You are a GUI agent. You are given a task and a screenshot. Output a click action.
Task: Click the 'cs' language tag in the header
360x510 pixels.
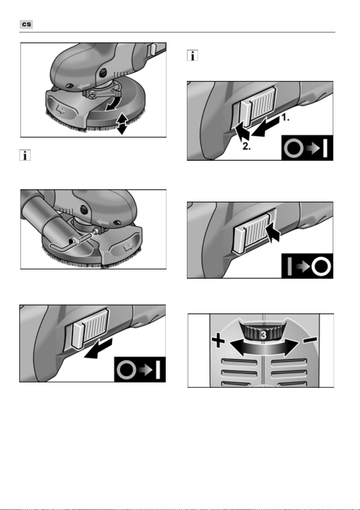[26, 24]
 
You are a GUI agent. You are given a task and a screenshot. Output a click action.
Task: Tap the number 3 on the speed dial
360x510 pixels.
[264, 335]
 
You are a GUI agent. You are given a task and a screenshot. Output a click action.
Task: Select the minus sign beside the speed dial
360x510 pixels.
[310, 340]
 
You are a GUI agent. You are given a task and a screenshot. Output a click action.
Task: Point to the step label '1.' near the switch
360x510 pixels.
[286, 118]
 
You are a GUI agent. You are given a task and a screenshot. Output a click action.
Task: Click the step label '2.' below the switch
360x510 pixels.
[246, 146]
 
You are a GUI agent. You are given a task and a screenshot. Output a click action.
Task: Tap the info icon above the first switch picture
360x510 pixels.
[192, 56]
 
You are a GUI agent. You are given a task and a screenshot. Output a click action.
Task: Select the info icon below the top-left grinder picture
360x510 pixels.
[25, 155]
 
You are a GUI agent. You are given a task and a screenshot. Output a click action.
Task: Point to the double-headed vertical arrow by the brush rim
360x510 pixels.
[122, 124]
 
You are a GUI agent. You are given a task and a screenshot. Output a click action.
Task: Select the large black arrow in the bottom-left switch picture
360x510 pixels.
[99, 348]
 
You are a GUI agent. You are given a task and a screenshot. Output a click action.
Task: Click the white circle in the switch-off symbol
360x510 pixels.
[321, 266]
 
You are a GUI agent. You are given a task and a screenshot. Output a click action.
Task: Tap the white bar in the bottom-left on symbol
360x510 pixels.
[158, 370]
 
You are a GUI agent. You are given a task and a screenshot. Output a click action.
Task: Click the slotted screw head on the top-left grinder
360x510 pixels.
[103, 72]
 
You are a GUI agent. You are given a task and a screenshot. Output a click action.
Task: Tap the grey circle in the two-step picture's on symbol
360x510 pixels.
[294, 148]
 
